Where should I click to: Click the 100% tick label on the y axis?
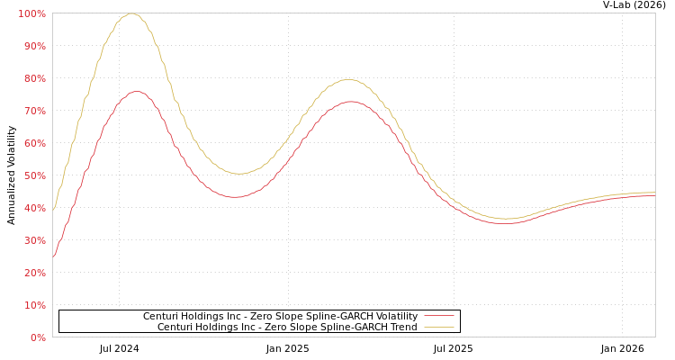pyautogui.click(x=32, y=13)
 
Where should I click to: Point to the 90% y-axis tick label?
pyautogui.click(x=34, y=46)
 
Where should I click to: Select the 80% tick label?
pyautogui.click(x=34, y=78)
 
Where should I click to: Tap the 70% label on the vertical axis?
pyautogui.click(x=34, y=111)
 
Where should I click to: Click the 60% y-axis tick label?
pyautogui.click(x=34, y=143)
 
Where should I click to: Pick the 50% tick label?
pyautogui.click(x=34, y=175)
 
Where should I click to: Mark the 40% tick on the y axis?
pyautogui.click(x=34, y=208)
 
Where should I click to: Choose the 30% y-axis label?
pyautogui.click(x=34, y=240)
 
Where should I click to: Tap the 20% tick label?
pyautogui.click(x=34, y=273)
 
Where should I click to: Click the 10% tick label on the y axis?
pyautogui.click(x=34, y=305)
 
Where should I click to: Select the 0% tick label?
pyautogui.click(x=38, y=337)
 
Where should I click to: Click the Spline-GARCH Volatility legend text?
pyautogui.click(x=280, y=316)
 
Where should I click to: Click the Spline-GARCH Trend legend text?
pyautogui.click(x=287, y=327)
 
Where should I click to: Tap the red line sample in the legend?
pyautogui.click(x=438, y=316)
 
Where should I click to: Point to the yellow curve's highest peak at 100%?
pyautogui.click(x=131, y=13)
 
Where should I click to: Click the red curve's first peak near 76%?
pyautogui.click(x=136, y=91)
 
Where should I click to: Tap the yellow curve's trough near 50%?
pyautogui.click(x=238, y=174)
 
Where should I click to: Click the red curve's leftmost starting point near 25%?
pyautogui.click(x=53, y=256)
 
